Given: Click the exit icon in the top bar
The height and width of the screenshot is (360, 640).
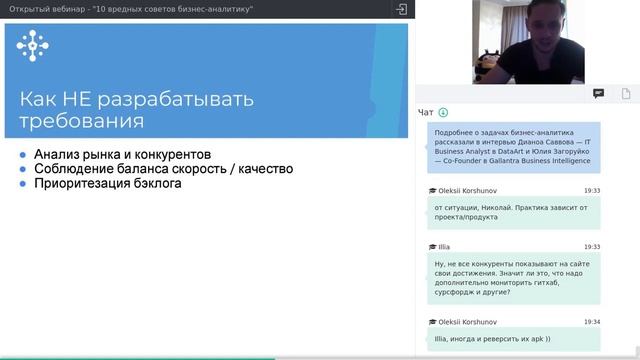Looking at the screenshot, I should point(401,9).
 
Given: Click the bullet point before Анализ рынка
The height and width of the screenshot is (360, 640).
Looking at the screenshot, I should point(24,156).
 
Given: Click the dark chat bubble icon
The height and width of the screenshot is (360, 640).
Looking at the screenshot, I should point(598,93).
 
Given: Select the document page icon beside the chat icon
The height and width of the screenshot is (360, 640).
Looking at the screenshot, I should point(625,93).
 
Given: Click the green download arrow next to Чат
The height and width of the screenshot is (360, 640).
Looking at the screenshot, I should point(443,112).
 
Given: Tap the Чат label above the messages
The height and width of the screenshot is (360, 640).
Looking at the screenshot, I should point(426,112).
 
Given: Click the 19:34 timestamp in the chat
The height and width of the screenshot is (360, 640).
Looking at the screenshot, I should point(592,322).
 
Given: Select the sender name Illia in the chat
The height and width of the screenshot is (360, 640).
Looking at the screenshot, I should point(444,246).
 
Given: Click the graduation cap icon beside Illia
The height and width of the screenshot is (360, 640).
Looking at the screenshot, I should point(432,246).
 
